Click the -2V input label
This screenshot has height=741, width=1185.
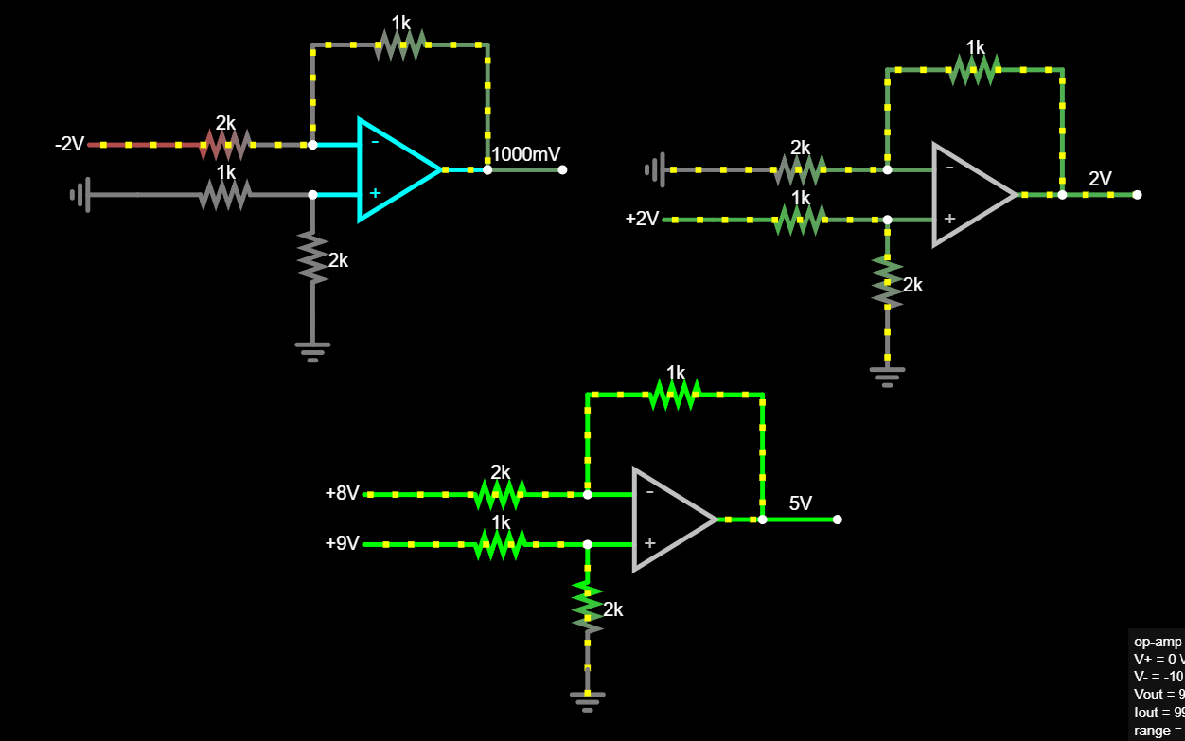point(70,144)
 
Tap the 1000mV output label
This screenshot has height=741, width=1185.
point(527,153)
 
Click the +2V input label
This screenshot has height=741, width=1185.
point(642,219)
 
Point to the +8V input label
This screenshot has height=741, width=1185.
point(342,493)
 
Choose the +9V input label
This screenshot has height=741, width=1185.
point(342,543)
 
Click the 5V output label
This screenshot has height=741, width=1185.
point(801,503)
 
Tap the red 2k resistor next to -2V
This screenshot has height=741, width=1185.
point(224,145)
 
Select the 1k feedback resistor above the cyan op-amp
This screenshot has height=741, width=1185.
point(400,44)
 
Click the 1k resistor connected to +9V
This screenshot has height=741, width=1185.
point(500,544)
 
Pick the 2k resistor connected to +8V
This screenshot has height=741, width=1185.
point(500,494)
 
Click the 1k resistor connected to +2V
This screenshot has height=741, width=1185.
point(801,220)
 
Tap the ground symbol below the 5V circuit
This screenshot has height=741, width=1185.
point(587,697)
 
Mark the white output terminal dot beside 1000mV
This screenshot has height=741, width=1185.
point(562,170)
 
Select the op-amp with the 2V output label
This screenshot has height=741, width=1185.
point(971,195)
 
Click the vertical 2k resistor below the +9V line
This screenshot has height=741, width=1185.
point(587,607)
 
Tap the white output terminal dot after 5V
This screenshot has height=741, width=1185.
point(837,519)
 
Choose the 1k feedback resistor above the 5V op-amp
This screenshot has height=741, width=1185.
point(675,394)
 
